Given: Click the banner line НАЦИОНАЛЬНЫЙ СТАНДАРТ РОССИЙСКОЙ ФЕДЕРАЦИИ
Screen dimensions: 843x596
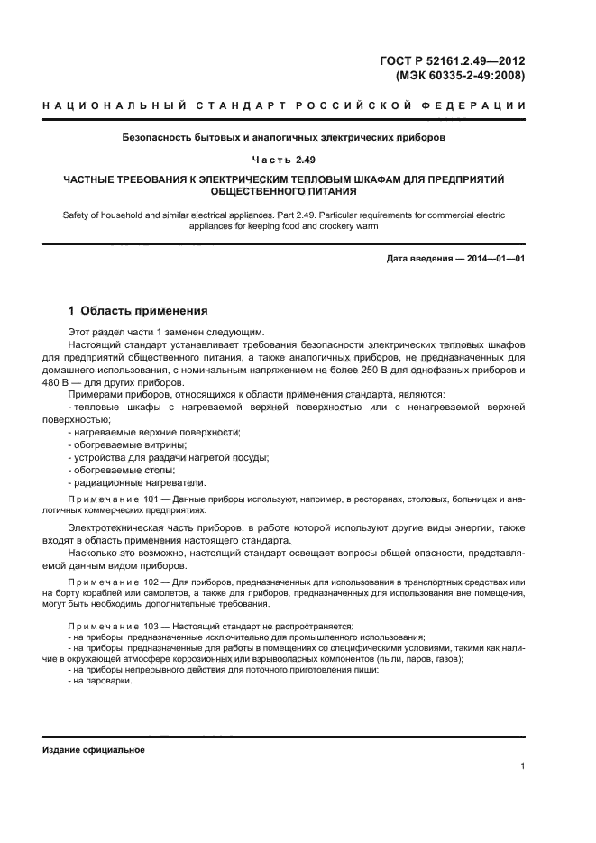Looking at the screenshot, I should pyautogui.click(x=284, y=106).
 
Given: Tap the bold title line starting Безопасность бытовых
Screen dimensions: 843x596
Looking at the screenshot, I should pyautogui.click(x=284, y=138).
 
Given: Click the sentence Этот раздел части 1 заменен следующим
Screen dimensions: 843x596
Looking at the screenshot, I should pyautogui.click(x=166, y=332).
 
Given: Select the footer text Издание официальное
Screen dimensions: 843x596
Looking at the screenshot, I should pyautogui.click(x=94, y=750).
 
